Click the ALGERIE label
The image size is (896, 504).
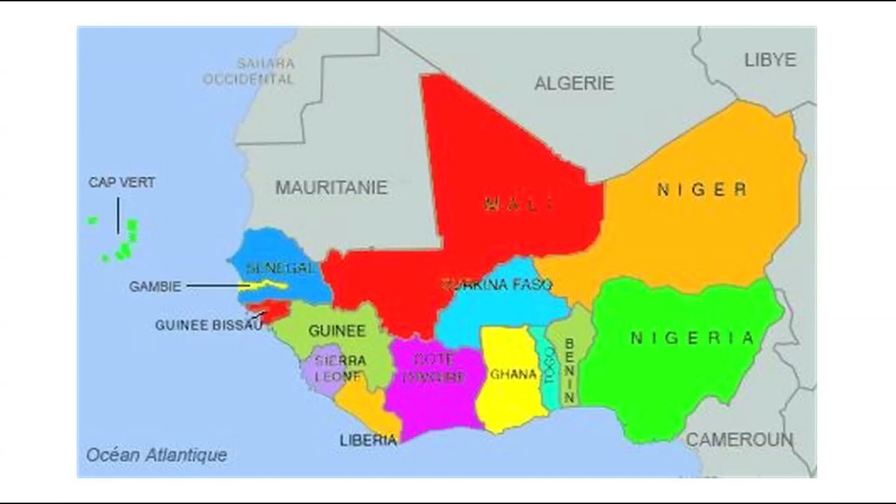coord(574,83)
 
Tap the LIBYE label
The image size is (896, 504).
coord(770,60)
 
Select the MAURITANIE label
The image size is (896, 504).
coord(331,188)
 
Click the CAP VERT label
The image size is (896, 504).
coord(122,183)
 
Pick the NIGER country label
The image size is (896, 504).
coord(701,189)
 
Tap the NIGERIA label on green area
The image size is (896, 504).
coord(692,339)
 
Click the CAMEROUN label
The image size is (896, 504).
coord(739,440)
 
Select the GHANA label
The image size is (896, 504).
coord(513,374)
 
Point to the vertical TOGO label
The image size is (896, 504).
coord(550,365)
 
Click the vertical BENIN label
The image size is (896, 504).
coord(569,371)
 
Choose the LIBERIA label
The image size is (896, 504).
coord(368,440)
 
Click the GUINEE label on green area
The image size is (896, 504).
coord(337,331)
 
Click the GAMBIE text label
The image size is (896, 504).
coord(155,286)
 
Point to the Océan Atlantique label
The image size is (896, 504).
coord(157,455)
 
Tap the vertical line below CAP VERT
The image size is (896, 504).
coord(118,215)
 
